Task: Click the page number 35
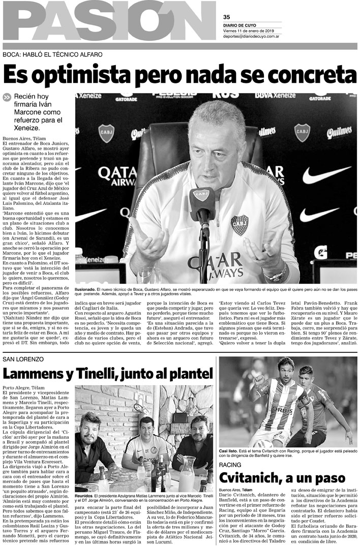(227, 16)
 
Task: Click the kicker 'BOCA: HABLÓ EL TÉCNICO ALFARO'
(52, 54)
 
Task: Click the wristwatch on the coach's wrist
(277, 275)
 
